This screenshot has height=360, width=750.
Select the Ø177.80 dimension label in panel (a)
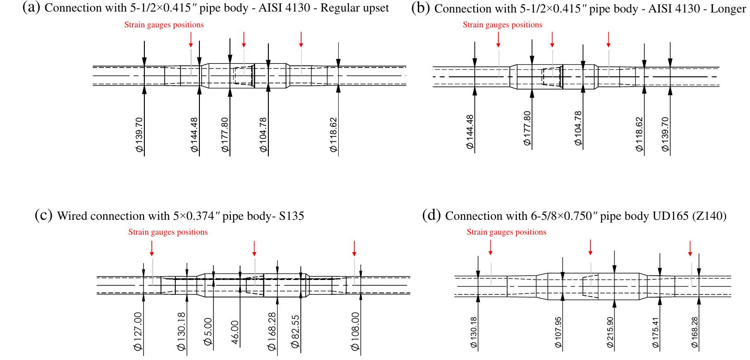coord(225,135)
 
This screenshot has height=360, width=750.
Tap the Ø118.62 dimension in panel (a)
coord(334,135)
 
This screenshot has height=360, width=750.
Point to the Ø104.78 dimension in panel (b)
coord(578,129)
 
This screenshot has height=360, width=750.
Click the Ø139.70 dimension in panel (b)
coord(665,134)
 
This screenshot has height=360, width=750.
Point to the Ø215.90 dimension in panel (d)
coord(610,333)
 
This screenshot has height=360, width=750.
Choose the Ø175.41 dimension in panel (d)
coord(655,333)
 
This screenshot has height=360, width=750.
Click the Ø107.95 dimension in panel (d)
coord(558,333)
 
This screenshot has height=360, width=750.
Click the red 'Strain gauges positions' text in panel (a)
coord(164,25)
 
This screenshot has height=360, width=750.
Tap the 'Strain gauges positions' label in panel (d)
coord(506,232)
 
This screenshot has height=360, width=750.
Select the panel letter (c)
coord(43,216)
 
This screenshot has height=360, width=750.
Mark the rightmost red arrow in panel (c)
coord(354,248)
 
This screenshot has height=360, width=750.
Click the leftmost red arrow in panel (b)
coord(498,39)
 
